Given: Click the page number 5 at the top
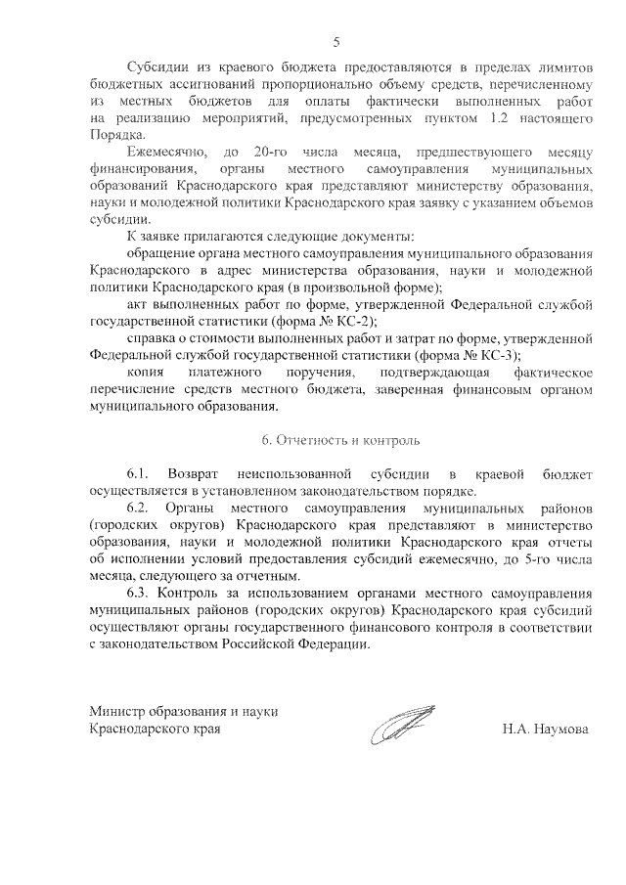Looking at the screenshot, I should tap(337, 42).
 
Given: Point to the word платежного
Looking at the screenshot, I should tap(229, 373).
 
